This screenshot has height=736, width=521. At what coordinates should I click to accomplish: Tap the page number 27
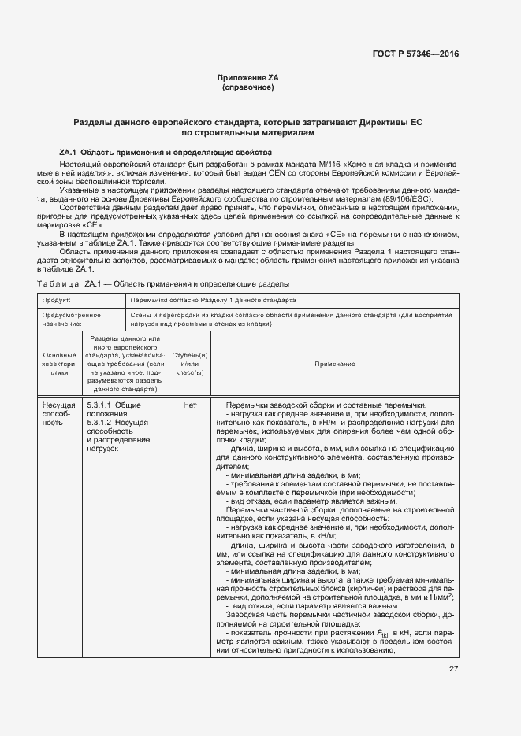[x=453, y=669]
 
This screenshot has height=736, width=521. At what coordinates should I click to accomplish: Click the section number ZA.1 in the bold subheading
[x=67, y=152]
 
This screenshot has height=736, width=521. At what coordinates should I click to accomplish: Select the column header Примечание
[x=335, y=364]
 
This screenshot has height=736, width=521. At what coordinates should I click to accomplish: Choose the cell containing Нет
[x=189, y=405]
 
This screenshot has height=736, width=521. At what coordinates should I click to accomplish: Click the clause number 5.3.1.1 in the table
[x=100, y=405]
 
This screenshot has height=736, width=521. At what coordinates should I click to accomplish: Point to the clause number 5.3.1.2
[x=100, y=423]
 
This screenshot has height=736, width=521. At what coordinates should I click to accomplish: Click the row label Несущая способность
[x=57, y=414]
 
